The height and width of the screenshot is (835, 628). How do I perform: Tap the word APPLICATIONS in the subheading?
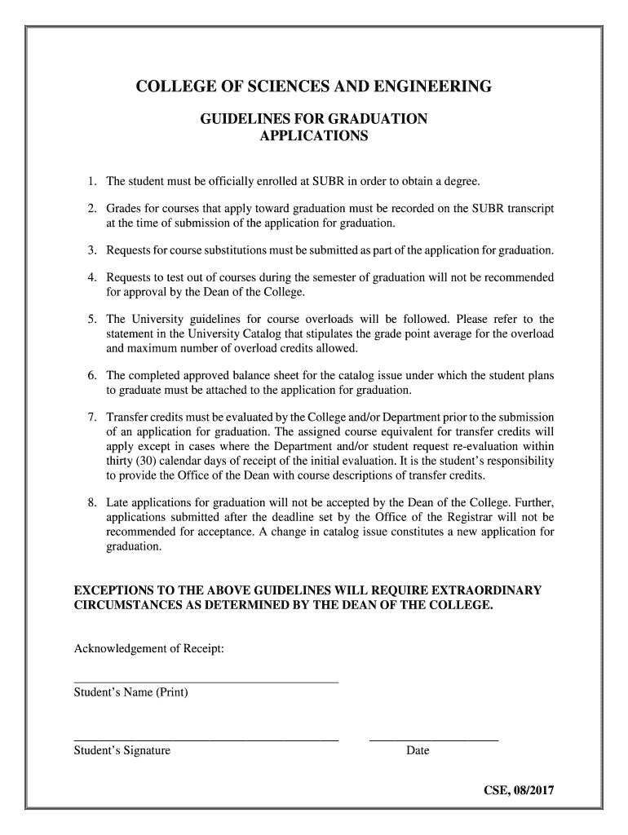point(313,136)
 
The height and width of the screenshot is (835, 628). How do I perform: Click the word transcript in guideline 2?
point(531,209)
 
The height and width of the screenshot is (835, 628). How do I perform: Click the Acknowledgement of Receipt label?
point(149,649)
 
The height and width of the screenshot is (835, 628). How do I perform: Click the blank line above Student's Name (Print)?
point(206,681)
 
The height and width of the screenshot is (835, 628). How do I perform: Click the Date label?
point(418,751)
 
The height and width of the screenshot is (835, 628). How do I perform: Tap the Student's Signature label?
point(122,751)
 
